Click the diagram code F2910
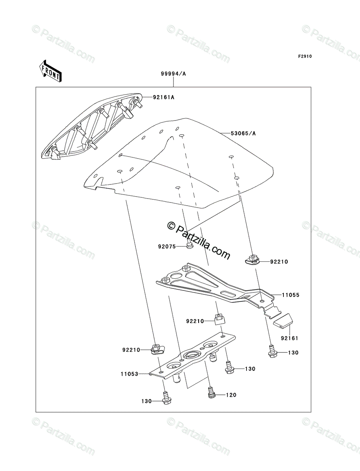pos(304,57)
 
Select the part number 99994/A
pos(173,73)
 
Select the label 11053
pos(130,374)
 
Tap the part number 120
pos(230,395)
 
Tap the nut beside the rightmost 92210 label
pos(251,260)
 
